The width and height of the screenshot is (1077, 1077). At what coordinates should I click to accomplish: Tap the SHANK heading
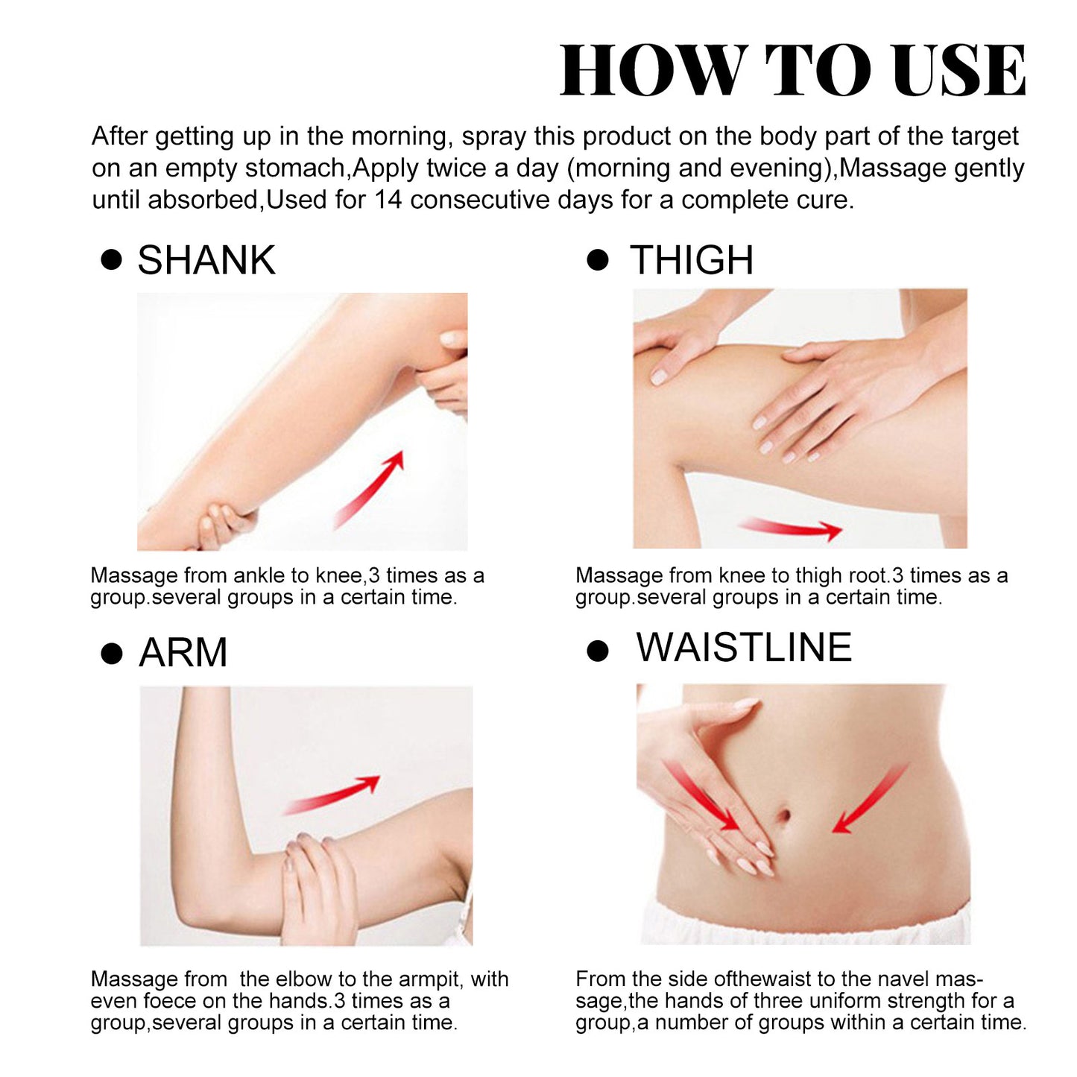[206, 260]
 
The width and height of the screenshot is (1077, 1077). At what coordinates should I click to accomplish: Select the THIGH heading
[692, 260]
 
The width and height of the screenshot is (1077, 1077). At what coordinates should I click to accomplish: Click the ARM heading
[183, 653]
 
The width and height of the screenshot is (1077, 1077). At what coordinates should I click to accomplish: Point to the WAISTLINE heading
[744, 647]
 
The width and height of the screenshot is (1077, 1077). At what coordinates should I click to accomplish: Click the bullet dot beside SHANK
[111, 260]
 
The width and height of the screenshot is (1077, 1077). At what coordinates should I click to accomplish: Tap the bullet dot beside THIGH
[598, 260]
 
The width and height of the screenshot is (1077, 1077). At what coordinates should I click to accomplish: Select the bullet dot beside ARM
[111, 654]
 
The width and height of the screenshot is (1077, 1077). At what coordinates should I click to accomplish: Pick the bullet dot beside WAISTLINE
[598, 651]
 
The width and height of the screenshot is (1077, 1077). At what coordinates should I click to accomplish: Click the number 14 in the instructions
[388, 200]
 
